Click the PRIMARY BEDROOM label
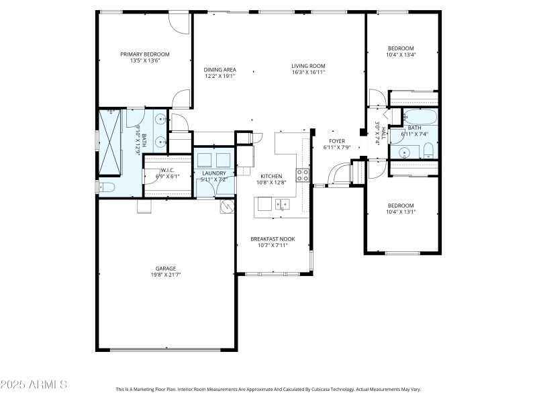[x=144, y=54]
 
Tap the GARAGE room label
[x=166, y=269]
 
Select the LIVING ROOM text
[x=308, y=66]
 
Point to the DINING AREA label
[x=219, y=70]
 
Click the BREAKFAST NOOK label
[x=273, y=239]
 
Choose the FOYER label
[x=336, y=141]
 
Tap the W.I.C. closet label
[x=167, y=170]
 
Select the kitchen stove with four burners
[x=303, y=176]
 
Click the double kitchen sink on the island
[x=281, y=204]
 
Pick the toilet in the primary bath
[x=106, y=187]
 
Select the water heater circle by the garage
[x=226, y=205]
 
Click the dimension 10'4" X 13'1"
[x=401, y=212]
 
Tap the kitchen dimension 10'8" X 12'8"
[x=271, y=182]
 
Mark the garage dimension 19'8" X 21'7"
[x=166, y=275]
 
